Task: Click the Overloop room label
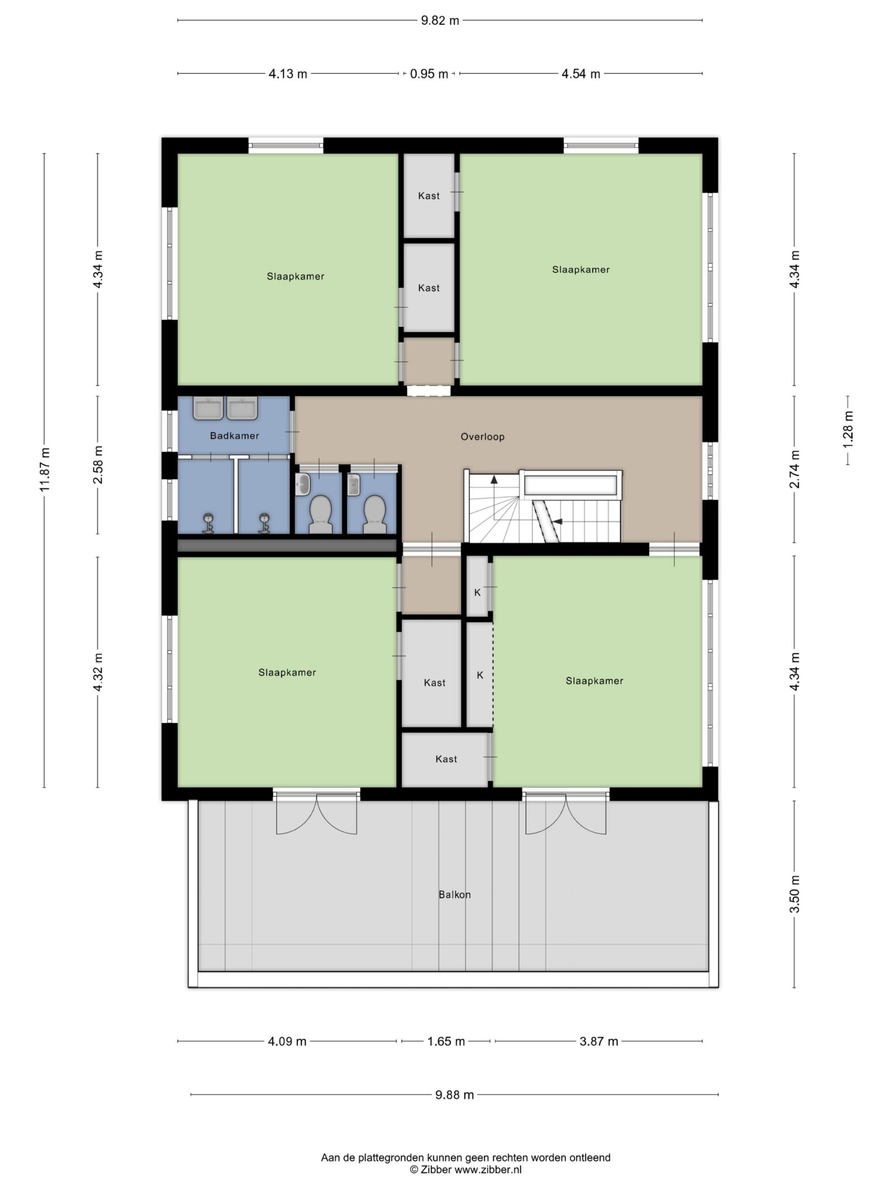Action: (x=482, y=437)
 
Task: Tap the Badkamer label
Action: (x=235, y=435)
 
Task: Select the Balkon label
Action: (x=454, y=895)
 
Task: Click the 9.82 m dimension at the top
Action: (x=440, y=20)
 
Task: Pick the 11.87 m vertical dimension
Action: (x=44, y=469)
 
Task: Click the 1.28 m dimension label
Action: (x=848, y=430)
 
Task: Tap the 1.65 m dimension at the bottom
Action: (x=446, y=1041)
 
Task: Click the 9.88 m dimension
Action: (x=454, y=1094)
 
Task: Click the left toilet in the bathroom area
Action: (x=320, y=513)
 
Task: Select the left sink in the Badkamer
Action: (x=208, y=409)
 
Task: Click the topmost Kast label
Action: (x=428, y=196)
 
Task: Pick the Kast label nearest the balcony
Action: (x=446, y=759)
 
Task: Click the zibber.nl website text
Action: (x=488, y=1169)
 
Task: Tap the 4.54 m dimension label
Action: (x=581, y=74)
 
